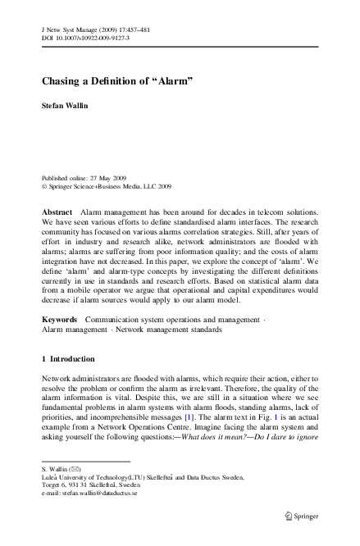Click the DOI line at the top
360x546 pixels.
84,39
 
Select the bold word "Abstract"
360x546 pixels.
57,212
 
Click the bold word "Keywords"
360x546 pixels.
60,317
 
